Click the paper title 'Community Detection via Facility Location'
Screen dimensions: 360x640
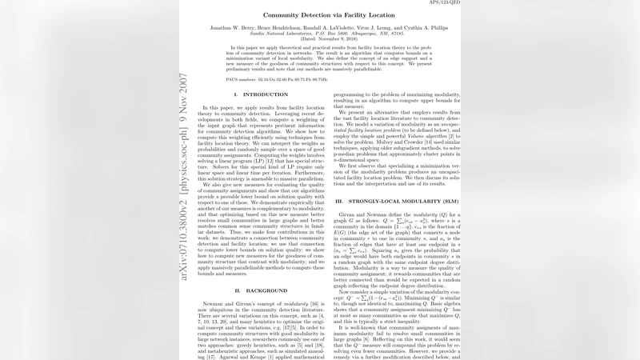pyautogui.click(x=319, y=15)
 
